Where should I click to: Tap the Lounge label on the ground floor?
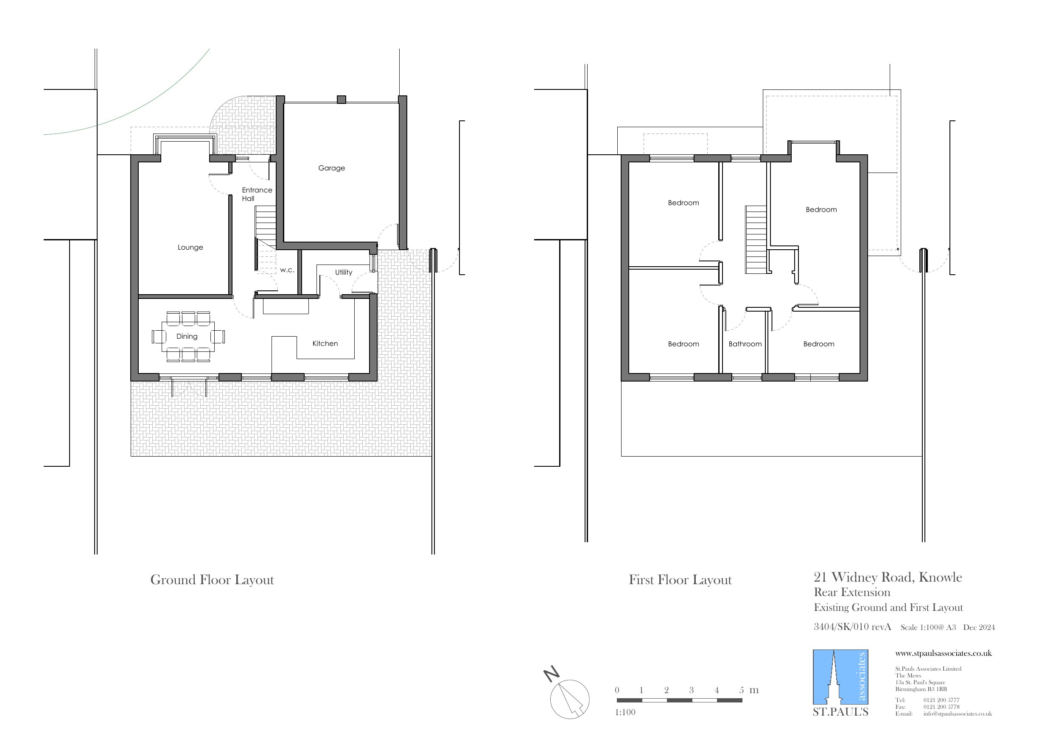tap(190, 248)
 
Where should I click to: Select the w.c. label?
tap(287, 270)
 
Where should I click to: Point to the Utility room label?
tap(344, 272)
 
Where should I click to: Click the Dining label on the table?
tap(187, 337)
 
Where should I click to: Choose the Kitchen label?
tap(325, 344)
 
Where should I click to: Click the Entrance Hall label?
tap(256, 194)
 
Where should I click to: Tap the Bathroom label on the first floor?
tap(745, 344)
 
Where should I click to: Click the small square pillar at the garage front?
tap(341, 100)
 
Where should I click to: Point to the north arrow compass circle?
tap(570, 699)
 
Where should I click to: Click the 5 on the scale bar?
tap(742, 690)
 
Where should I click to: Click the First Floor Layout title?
tap(680, 580)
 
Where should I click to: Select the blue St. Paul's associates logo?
tap(840, 677)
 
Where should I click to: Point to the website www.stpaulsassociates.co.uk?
tap(943, 653)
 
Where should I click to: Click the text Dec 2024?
tap(979, 627)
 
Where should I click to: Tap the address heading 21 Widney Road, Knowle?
tap(888, 577)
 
